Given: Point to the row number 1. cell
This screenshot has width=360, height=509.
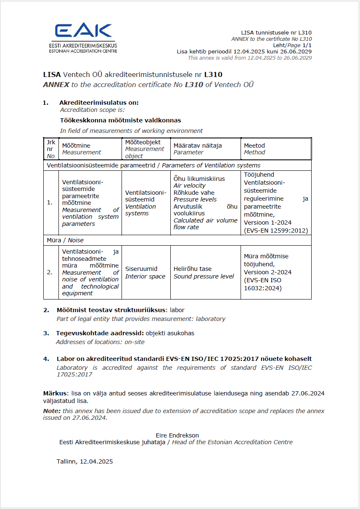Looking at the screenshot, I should click(x=50, y=202).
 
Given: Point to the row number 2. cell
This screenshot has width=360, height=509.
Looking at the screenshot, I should click(x=50, y=272).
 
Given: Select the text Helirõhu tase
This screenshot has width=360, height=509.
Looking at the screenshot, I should click(x=193, y=269).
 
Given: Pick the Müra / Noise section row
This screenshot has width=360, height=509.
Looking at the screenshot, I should click(x=65, y=240).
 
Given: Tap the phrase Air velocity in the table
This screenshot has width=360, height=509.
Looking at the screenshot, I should click(x=190, y=186).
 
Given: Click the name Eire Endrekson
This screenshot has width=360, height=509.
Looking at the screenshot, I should click(x=177, y=435).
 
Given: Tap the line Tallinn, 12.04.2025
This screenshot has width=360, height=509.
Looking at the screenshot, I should click(x=85, y=461).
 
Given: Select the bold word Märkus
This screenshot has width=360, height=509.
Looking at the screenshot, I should click(x=54, y=393).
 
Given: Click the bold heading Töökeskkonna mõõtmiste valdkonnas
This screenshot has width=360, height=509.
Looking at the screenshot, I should click(x=120, y=120).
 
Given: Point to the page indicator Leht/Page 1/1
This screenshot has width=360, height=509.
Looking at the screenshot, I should click(x=292, y=45).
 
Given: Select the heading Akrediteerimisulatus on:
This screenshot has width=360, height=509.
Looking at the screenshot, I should click(x=99, y=103).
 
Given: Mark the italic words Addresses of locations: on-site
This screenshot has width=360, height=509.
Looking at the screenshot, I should click(x=100, y=342).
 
